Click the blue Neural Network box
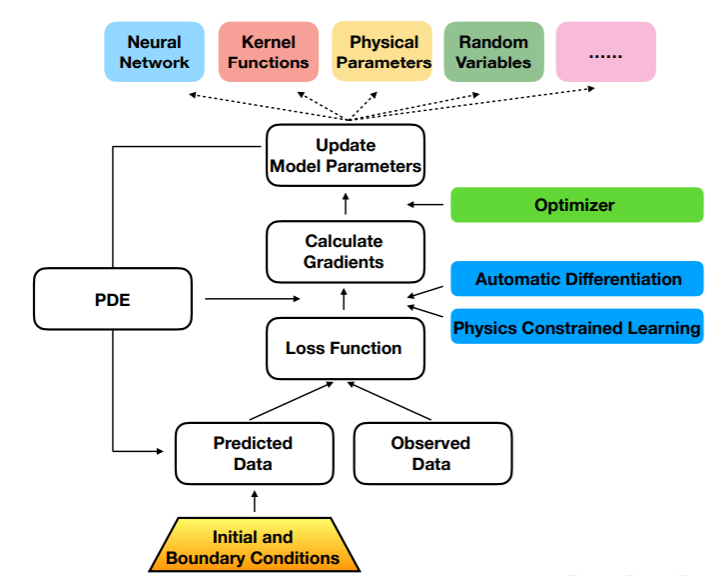[154, 52]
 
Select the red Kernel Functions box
[268, 52]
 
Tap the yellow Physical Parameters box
[382, 52]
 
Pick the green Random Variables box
[494, 52]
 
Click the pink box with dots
[605, 52]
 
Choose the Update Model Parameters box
[346, 155]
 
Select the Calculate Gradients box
[346, 251]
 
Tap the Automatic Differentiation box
[577, 279]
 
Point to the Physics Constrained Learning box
[577, 327]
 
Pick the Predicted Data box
[253, 453]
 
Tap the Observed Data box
[431, 453]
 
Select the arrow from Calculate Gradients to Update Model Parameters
[346, 204]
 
